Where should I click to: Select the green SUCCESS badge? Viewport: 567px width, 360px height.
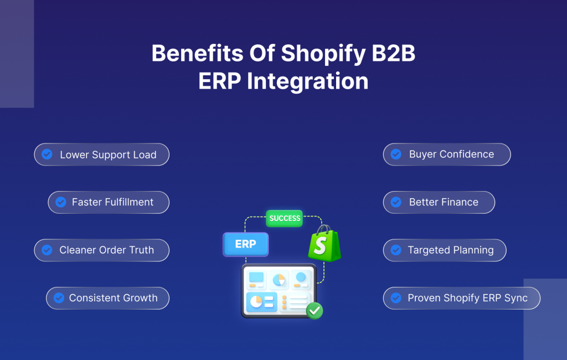pos(285,218)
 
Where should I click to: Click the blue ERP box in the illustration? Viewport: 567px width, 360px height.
pos(245,244)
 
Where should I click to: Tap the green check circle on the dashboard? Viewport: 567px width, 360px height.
pos(315,311)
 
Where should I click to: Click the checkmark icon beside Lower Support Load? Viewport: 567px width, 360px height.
pos(48,155)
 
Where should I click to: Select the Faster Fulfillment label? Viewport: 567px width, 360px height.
pos(112,202)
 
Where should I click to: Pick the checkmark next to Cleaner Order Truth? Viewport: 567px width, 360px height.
pos(48,250)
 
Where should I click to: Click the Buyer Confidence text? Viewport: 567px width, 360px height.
pos(451,155)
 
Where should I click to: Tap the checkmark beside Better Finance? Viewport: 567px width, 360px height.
pos(396,202)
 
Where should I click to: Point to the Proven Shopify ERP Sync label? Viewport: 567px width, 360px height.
pos(467,298)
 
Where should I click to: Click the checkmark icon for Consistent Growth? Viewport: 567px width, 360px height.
pos(59,298)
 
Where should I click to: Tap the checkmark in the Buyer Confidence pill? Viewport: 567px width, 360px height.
pos(396,155)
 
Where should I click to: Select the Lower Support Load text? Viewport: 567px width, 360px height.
pos(108,155)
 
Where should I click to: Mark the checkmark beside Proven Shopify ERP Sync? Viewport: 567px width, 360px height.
pos(396,298)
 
